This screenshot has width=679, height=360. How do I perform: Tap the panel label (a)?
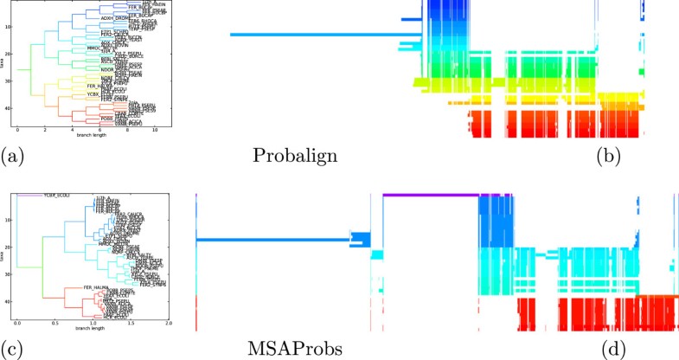pos(12,156)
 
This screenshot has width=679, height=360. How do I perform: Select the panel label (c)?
pos(12,350)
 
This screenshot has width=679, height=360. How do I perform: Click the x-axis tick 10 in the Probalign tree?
pos(155,130)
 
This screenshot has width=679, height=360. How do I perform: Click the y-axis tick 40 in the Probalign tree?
pos(9,108)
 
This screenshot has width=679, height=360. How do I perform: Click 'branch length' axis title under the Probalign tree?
pos(86,138)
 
